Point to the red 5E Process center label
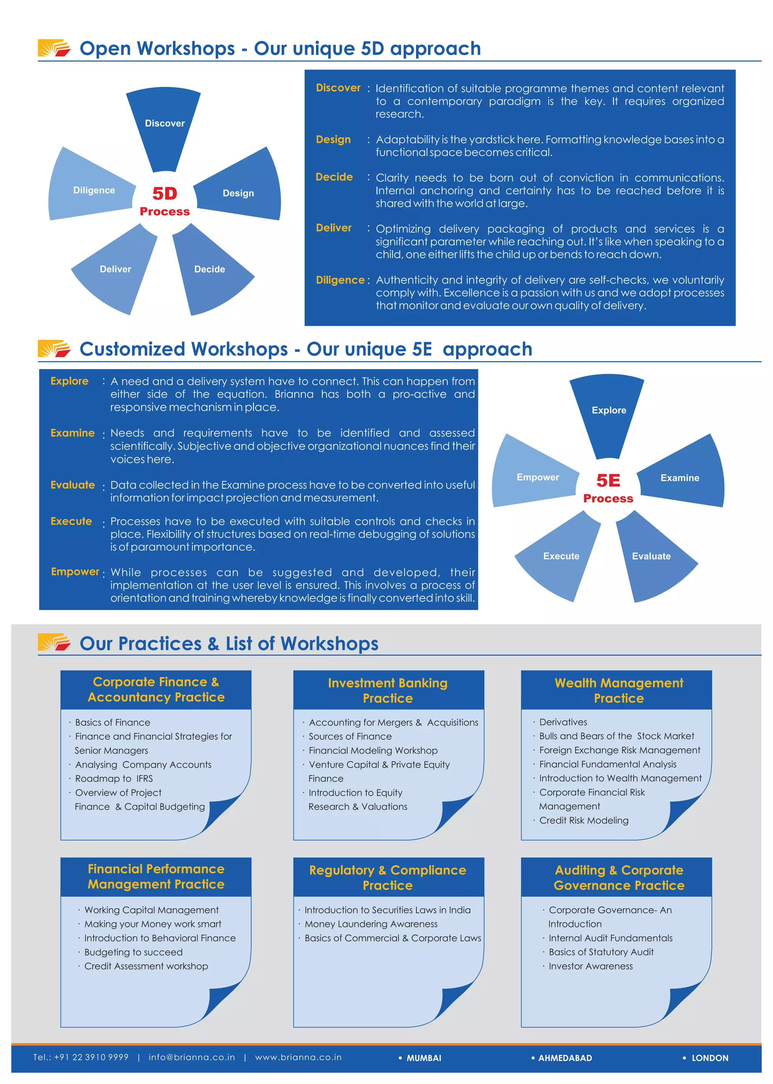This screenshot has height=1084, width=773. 608,488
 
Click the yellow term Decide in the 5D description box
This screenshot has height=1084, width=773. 334,177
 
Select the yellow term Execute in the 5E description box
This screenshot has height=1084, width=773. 71,521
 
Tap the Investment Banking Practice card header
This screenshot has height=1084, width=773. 388,690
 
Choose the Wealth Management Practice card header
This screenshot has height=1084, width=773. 618,690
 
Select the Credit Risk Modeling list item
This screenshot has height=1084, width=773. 584,820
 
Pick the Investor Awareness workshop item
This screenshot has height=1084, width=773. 590,966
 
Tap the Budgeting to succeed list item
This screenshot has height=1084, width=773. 133,952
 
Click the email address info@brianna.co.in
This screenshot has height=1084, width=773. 192,1057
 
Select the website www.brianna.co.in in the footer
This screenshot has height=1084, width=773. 299,1057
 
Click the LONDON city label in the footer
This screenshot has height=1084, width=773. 710,1058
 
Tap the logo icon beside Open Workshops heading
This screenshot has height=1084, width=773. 54,48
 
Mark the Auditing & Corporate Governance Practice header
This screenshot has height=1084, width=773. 618,877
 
